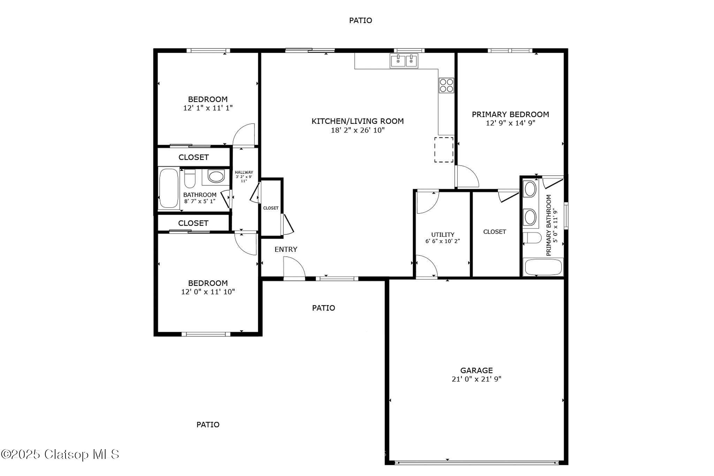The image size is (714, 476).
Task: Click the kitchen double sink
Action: tap(404, 61)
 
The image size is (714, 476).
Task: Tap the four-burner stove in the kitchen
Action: tap(446, 85)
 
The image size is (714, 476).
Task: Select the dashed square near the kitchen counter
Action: tap(444, 150)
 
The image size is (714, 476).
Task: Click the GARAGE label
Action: tap(476, 370)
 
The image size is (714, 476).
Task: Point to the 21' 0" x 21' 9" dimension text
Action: tap(476, 379)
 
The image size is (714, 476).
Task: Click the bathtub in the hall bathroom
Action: tap(169, 189)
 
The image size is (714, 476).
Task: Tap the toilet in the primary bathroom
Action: tap(532, 238)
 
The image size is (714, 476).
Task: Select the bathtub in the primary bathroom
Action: tap(543, 267)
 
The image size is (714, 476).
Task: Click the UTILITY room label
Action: tap(443, 235)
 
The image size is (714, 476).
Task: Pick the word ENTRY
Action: tap(286, 249)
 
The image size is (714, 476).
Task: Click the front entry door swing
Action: tap(294, 267)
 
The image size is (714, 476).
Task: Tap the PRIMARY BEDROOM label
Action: tap(510, 114)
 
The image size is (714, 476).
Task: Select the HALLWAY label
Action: tap(244, 172)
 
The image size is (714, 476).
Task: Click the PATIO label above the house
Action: tap(360, 21)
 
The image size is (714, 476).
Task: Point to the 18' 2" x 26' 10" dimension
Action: tap(357, 130)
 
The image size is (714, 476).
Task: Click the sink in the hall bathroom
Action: tap(216, 176)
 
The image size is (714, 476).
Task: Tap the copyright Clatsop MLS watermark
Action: tap(60, 454)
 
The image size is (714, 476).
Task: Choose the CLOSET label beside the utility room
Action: tap(494, 232)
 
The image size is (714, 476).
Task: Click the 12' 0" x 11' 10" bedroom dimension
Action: tap(208, 292)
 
